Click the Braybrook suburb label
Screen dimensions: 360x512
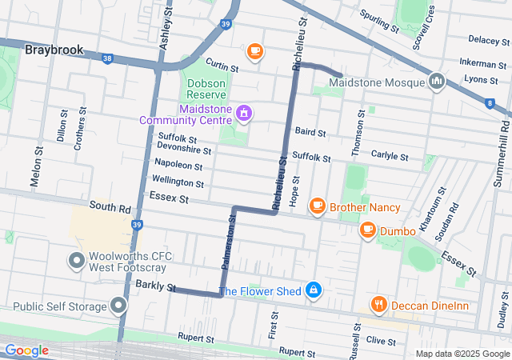tap(54, 50)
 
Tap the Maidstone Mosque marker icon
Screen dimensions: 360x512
tap(437, 82)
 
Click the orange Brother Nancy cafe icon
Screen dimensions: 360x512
tap(317, 206)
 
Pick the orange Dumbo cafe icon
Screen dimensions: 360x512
tap(367, 231)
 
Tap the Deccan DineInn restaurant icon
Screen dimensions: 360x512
tap(379, 304)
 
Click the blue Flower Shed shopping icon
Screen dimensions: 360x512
tap(314, 290)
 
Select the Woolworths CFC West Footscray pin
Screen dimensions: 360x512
tap(77, 261)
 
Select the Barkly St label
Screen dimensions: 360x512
tap(155, 285)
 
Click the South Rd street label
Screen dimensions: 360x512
tap(110, 206)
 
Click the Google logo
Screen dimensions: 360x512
tap(26, 350)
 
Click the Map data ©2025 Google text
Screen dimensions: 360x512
tap(462, 354)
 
